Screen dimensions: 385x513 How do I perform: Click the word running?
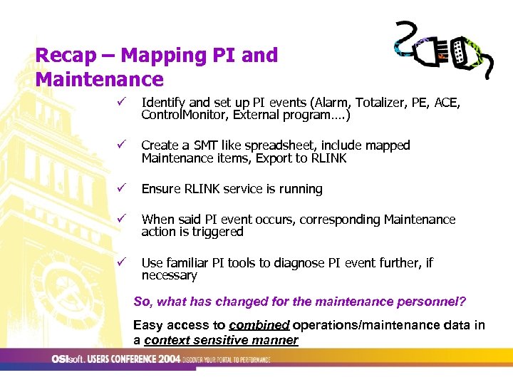point(300,189)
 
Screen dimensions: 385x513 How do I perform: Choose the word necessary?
point(170,275)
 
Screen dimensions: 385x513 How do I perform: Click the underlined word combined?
point(260,325)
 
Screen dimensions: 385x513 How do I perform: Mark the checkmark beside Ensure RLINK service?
point(122,189)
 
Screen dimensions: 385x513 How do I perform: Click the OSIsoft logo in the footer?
point(68,359)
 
